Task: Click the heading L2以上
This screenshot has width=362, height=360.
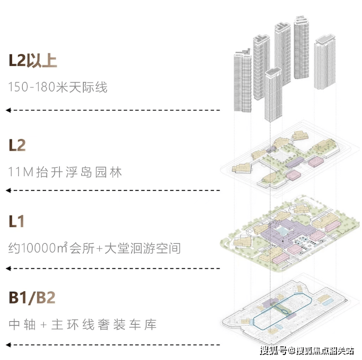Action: tap(33, 60)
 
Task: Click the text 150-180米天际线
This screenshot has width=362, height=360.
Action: tap(58, 88)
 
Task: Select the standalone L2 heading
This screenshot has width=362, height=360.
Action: tap(17, 145)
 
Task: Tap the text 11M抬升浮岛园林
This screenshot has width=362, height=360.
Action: tap(65, 172)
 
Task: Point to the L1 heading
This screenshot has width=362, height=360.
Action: tap(17, 222)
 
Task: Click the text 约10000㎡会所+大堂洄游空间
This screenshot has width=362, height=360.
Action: tap(95, 248)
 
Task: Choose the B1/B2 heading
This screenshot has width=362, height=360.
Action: tap(32, 297)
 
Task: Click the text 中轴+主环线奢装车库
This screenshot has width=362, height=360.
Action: tap(83, 324)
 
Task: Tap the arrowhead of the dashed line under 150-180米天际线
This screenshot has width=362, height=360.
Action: tap(8, 111)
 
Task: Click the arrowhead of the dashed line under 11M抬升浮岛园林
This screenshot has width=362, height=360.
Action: tap(8, 191)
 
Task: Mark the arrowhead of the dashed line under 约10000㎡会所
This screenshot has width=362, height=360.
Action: tap(8, 269)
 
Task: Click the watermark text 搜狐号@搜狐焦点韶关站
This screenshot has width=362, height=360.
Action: tap(307, 351)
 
